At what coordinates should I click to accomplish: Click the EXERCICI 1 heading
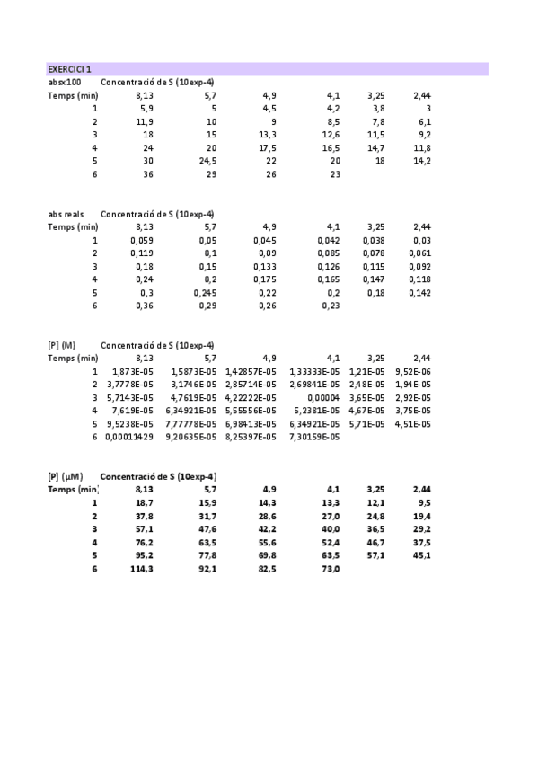pyautogui.click(x=69, y=69)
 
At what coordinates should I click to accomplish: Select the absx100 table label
pyautogui.click(x=64, y=82)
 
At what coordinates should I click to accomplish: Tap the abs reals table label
pyautogui.click(x=67, y=214)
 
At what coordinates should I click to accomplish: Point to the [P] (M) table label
pyautogui.click(x=63, y=345)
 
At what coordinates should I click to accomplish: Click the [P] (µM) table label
pyautogui.click(x=66, y=476)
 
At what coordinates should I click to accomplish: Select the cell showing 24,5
pyautogui.click(x=207, y=161)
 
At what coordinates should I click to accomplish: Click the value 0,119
pyautogui.click(x=143, y=253)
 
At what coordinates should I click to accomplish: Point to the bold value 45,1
pyautogui.click(x=422, y=554)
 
